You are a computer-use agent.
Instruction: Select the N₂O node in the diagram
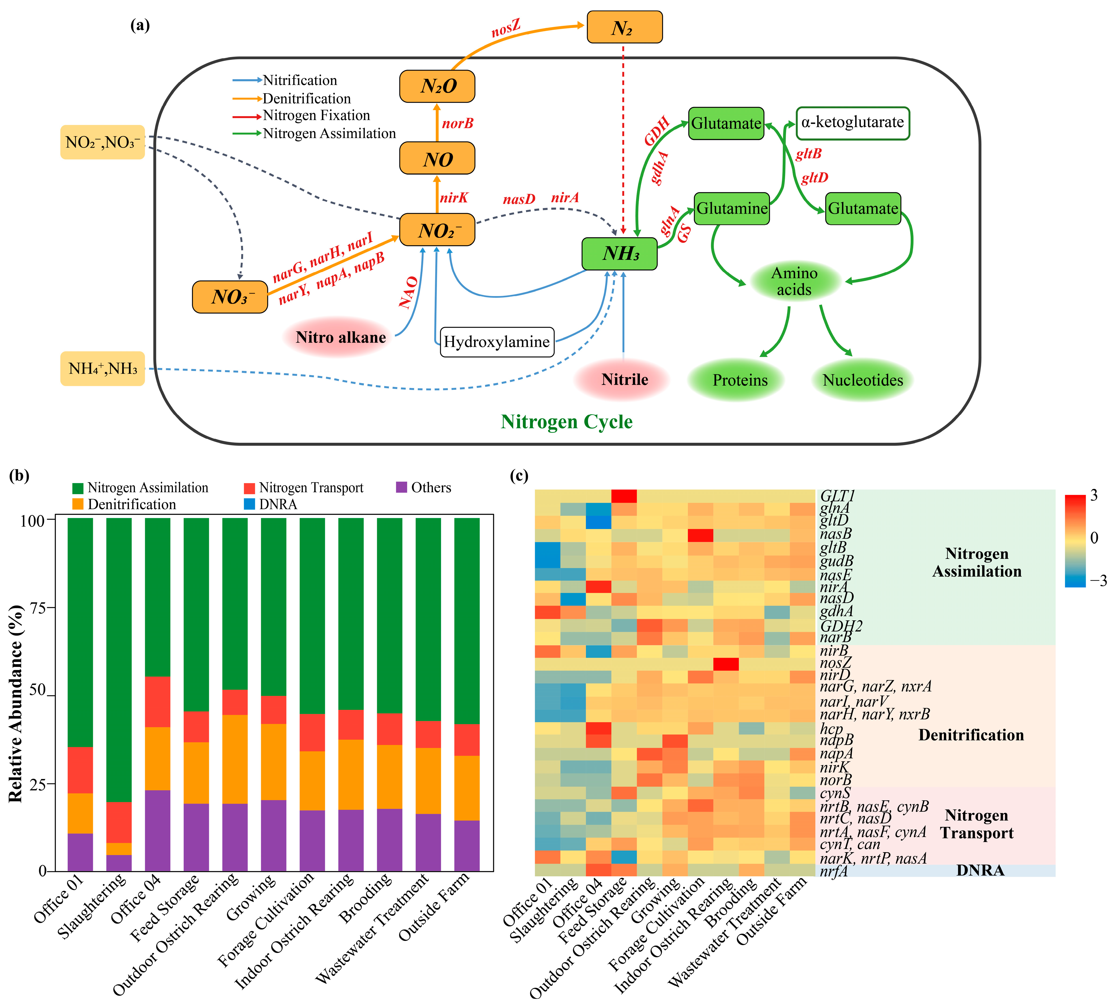point(437,86)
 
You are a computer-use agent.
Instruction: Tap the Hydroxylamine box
point(497,342)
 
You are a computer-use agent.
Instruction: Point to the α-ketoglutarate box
point(852,123)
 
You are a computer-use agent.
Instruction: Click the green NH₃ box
point(619,254)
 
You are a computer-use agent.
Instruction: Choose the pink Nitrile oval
point(625,380)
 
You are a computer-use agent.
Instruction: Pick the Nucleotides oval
point(862,380)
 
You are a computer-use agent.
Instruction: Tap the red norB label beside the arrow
point(457,123)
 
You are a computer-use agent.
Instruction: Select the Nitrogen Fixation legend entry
point(316,116)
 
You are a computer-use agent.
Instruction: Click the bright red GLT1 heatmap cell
point(624,496)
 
